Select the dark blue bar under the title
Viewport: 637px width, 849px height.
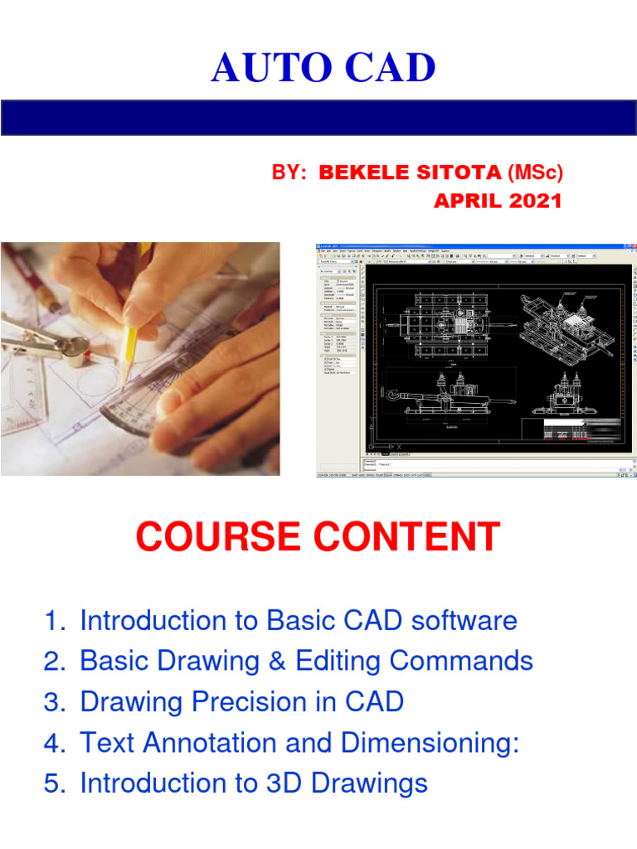pyautogui.click(x=318, y=118)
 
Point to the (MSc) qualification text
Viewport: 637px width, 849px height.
pyautogui.click(x=535, y=172)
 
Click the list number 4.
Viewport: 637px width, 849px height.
pyautogui.click(x=52, y=743)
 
